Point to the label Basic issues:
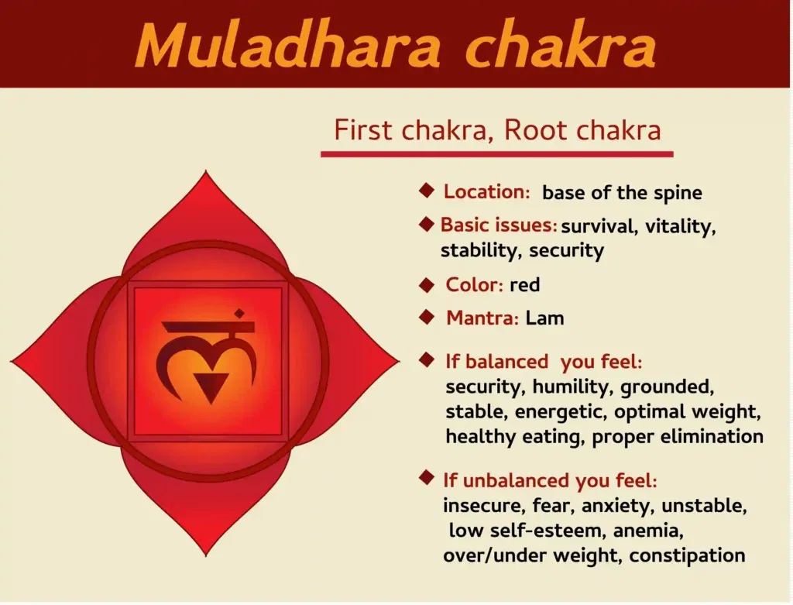[x=499, y=225]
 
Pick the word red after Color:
[x=524, y=284]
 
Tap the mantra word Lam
[x=544, y=318]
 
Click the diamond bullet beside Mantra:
[x=426, y=316]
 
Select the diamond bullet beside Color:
[x=426, y=284]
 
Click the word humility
[x=573, y=386]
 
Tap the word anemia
[x=647, y=531]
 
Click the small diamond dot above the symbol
[x=239, y=314]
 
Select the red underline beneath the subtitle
[x=496, y=154]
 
